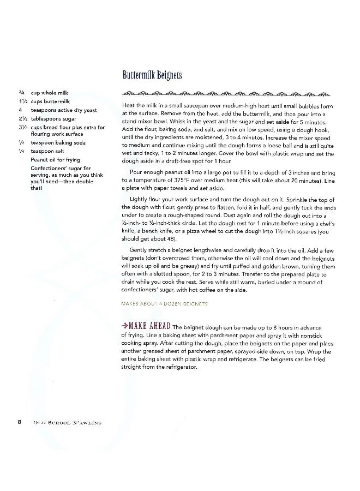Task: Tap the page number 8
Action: [19, 421]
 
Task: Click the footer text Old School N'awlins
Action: [62, 422]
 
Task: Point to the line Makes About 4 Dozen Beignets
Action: [165, 303]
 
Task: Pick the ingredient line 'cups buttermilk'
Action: [50, 102]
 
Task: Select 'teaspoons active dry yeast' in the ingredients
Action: [64, 110]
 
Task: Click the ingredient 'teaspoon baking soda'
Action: [58, 143]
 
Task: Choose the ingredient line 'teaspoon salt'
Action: [50, 151]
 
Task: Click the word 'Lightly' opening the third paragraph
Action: [139, 199]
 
